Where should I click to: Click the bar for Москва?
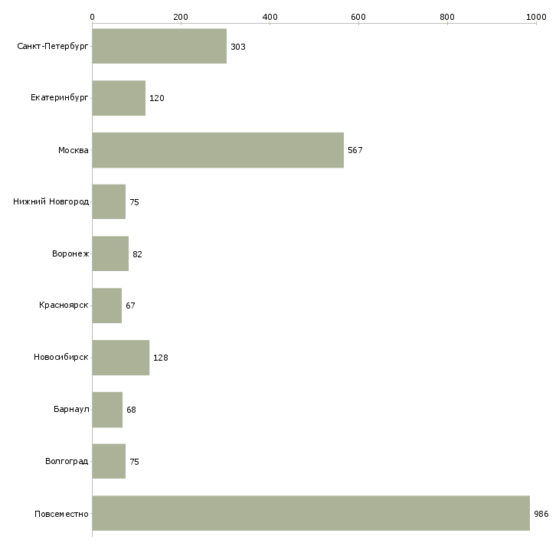217,150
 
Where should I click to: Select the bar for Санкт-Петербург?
159,46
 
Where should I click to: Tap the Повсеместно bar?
311,513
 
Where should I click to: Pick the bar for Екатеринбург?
119,98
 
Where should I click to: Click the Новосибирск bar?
121,358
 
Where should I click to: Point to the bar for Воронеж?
110,253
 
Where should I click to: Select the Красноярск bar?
107,306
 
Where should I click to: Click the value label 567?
355,150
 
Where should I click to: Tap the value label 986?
541,514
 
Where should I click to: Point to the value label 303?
238,47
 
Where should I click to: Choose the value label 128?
161,358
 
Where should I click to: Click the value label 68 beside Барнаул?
131,410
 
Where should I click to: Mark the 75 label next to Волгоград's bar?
134,462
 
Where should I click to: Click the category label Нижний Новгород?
51,201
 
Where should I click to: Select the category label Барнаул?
71,409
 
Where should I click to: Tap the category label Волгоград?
67,461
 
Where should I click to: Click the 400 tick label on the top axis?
270,17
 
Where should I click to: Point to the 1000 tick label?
536,17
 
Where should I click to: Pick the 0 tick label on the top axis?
93,17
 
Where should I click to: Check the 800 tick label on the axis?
447,17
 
